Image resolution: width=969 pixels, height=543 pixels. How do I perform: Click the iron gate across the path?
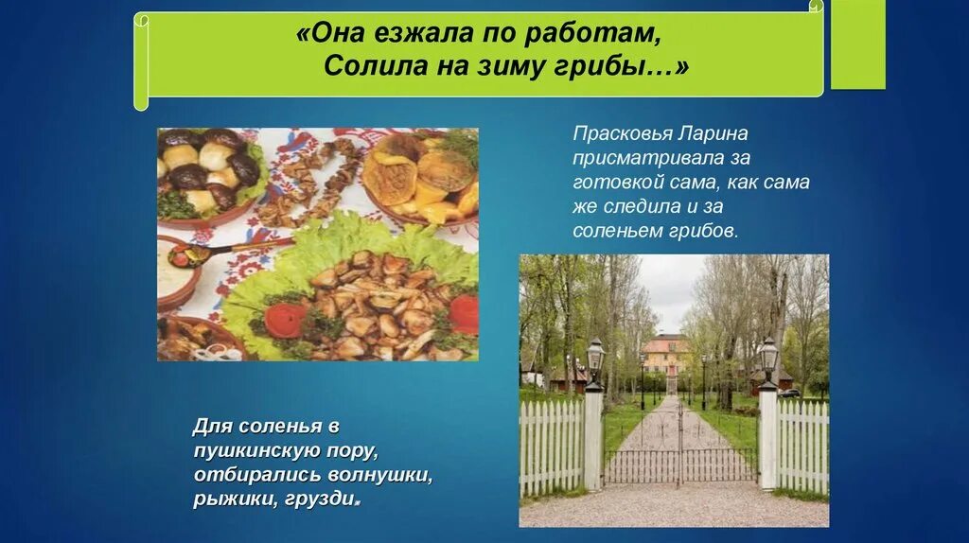point(679,454)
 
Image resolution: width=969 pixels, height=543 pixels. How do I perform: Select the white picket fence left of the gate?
point(552,445)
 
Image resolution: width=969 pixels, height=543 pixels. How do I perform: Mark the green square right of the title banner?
point(857,47)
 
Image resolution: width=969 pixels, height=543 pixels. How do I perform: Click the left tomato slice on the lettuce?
point(286,320)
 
